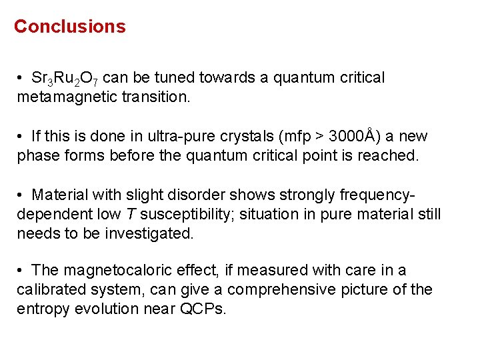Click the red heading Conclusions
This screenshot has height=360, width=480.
pyautogui.click(x=69, y=27)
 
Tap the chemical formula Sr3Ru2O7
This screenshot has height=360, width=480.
pyautogui.click(x=65, y=79)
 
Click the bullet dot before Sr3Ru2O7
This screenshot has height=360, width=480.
pyautogui.click(x=21, y=78)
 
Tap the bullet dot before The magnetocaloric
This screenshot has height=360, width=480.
pyautogui.click(x=21, y=271)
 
